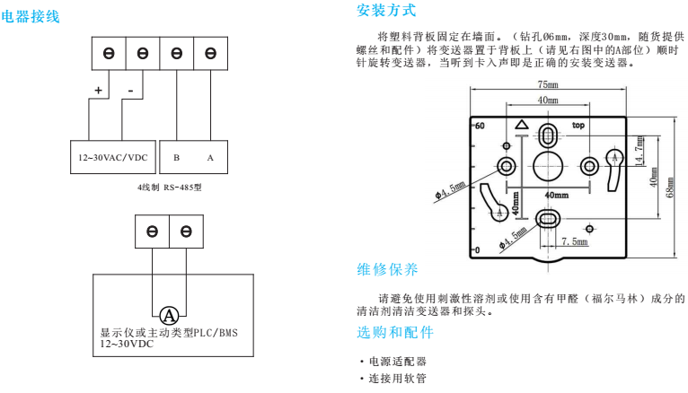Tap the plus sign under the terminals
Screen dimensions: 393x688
[98, 91]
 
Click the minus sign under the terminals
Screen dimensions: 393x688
[130, 91]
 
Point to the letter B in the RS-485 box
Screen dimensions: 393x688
[176, 158]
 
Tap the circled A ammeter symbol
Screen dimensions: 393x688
[168, 315]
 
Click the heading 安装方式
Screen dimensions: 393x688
[386, 12]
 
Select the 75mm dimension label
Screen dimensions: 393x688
[548, 84]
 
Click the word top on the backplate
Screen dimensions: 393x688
[579, 126]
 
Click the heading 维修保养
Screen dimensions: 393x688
[387, 269]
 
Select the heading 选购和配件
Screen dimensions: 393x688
[395, 333]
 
